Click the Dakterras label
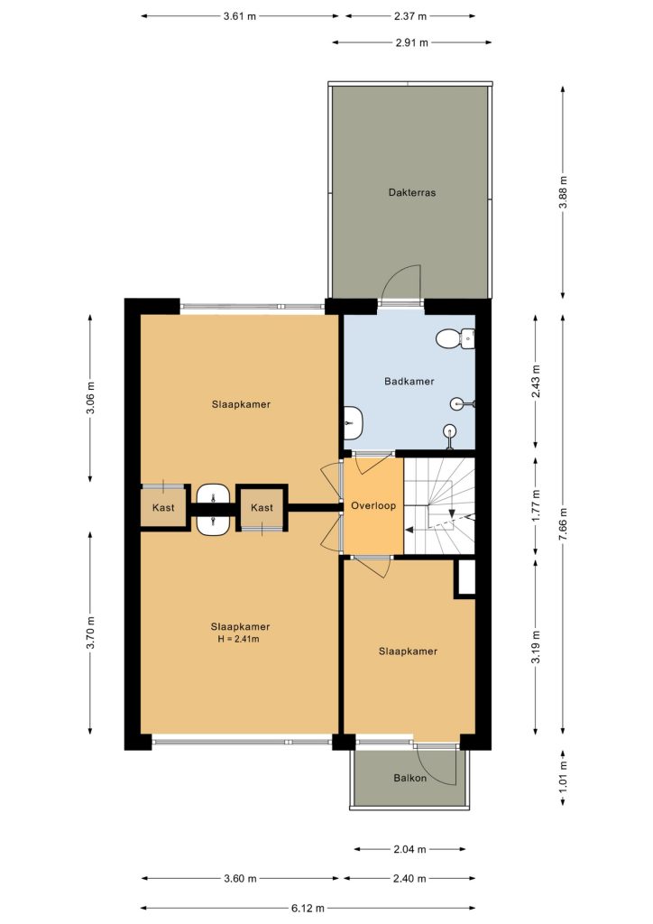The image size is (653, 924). [411, 192]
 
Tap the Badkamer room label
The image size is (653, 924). [409, 382]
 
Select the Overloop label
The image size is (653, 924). [373, 505]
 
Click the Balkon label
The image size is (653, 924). [409, 778]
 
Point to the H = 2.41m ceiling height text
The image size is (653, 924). [238, 639]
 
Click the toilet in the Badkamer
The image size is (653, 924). [455, 338]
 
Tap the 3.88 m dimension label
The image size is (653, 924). [563, 192]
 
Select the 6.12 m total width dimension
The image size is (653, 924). [308, 908]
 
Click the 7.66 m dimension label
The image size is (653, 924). [563, 524]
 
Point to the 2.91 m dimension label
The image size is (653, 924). [411, 42]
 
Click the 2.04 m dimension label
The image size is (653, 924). [409, 849]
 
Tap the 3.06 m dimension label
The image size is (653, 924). [90, 398]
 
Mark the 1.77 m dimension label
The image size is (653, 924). [535, 505]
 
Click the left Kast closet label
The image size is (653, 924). [163, 507]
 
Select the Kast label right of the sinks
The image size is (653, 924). [262, 507]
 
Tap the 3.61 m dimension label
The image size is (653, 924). [240, 16]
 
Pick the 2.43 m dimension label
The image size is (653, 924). [535, 382]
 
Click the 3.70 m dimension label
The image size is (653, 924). [90, 633]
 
